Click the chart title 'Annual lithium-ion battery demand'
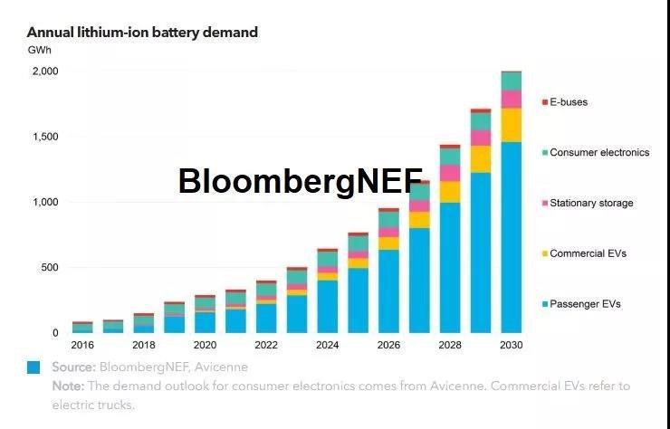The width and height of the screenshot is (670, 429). point(142,33)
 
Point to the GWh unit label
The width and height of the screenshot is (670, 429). point(40,50)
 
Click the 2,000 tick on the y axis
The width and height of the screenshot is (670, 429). point(45,71)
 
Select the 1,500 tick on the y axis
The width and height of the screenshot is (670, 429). point(45,137)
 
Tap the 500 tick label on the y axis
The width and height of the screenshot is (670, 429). point(50,268)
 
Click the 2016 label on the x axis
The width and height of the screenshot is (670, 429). point(82,345)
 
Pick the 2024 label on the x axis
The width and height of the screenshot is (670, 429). point(327,345)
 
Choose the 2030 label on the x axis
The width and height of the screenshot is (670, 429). point(511,345)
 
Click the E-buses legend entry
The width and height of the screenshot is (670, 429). point(569,102)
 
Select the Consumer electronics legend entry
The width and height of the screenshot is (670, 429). point(598,153)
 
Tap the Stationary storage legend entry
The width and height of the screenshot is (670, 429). point(590,203)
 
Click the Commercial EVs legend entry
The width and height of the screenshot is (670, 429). point(587,253)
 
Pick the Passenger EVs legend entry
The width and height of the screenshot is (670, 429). point(585,304)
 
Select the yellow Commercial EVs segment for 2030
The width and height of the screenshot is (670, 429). point(511,125)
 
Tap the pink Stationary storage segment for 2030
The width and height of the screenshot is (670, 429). point(511,99)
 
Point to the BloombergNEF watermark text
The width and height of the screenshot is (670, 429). point(300,181)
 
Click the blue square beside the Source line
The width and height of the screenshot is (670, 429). point(33,367)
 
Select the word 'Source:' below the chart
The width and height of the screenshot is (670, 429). point(73,367)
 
